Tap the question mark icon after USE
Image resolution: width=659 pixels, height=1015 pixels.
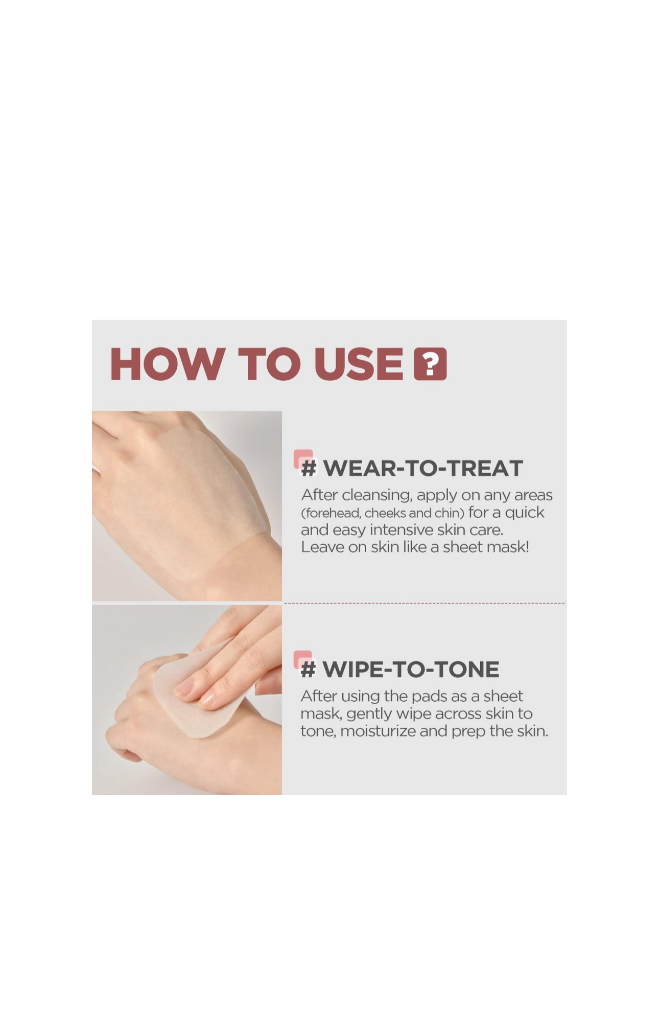point(430,364)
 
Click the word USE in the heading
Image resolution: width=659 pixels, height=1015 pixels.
point(359,364)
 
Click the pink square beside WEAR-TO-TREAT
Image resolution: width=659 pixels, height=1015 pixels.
point(303,458)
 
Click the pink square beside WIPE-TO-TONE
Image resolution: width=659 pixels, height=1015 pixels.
point(303,659)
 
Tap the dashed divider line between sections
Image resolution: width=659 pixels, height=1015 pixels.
point(425,603)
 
